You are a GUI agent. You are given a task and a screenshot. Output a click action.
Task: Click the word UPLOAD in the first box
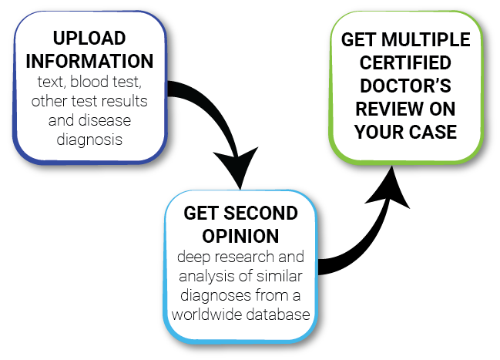pos(89,39)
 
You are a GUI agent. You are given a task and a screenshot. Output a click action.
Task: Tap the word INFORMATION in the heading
pos(89,61)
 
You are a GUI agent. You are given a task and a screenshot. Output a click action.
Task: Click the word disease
pos(105,120)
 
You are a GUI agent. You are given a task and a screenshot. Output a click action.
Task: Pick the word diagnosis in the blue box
pos(89,140)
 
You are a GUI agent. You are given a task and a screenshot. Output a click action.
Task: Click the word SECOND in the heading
pos(260,213)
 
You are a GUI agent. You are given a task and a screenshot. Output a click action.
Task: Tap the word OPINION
pos(240,236)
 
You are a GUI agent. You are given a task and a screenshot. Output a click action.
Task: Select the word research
pos(244,257)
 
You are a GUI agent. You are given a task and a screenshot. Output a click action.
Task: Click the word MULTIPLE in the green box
pos(426,39)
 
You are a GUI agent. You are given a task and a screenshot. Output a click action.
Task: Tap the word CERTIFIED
pos(405,62)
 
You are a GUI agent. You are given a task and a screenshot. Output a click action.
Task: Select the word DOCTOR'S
pos(405,86)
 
